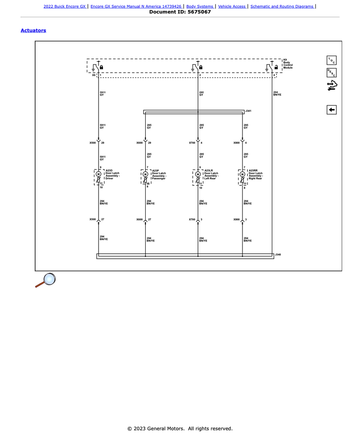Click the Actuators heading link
tap(33, 30)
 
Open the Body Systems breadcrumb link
tap(200, 6)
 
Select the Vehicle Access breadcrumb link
tap(232, 6)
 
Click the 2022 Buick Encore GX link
tap(65, 6)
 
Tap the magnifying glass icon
tap(46, 280)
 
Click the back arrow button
tap(332, 110)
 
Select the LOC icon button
tap(332, 60)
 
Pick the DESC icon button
tap(332, 73)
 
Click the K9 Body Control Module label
tap(288, 64)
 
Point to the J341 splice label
tap(248, 111)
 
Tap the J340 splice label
tap(278, 255)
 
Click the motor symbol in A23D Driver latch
tap(98, 174)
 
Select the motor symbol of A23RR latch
tap(242, 174)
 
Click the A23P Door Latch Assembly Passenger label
tap(159, 174)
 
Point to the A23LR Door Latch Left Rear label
tap(211, 174)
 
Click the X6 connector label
tap(94, 75)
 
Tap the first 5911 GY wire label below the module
tap(103, 94)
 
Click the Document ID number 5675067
tap(199, 12)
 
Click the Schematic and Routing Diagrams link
tap(282, 6)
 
